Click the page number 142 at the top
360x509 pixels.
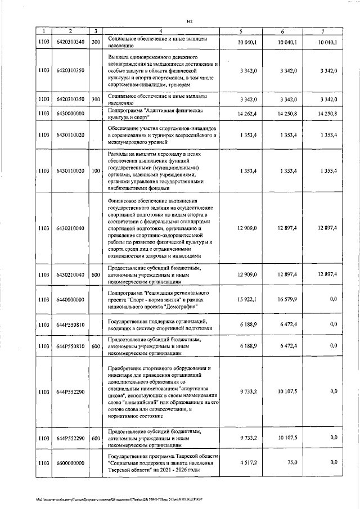tap(189, 21)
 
